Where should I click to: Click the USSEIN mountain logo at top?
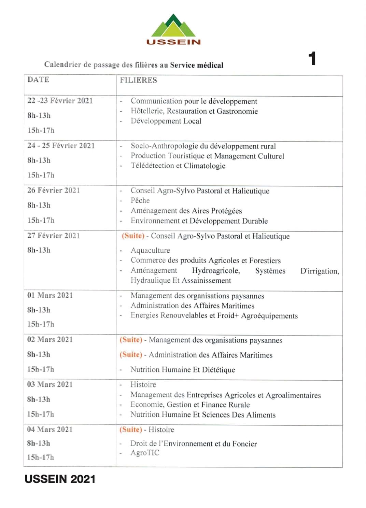[173, 29]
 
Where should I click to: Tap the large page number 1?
[312, 59]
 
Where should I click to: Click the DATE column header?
[38, 80]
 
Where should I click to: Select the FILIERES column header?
[138, 80]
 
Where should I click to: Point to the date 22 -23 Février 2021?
[60, 101]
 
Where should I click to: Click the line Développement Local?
[166, 121]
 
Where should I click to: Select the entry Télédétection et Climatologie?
[178, 166]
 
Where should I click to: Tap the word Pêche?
[140, 200]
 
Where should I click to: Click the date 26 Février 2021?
[54, 190]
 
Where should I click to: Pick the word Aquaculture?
[150, 251]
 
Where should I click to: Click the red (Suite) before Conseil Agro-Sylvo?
[133, 236]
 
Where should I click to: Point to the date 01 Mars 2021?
[50, 295]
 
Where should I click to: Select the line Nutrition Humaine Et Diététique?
[183, 370]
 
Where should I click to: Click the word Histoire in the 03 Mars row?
[143, 385]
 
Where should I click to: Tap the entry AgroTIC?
[145, 453]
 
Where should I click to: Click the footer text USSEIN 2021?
[60, 479]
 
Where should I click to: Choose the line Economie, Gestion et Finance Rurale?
[190, 405]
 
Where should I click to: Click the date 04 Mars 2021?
[50, 429]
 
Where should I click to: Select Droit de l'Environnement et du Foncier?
[193, 444]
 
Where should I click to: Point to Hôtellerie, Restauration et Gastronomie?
[194, 111]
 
